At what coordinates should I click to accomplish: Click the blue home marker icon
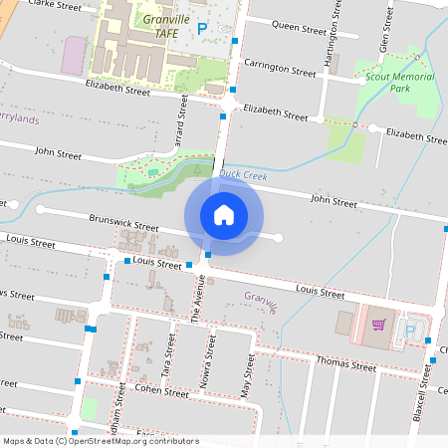(223, 214)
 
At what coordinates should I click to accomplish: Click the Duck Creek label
(243, 175)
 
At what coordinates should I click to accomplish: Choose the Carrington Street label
(285, 69)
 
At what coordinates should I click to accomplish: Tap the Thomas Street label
(345, 363)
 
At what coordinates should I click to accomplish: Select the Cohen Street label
(161, 392)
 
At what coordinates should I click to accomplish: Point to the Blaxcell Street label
(427, 382)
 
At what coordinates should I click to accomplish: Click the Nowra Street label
(210, 353)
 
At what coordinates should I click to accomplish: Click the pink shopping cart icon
(378, 325)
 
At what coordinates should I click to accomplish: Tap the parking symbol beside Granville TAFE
(201, 30)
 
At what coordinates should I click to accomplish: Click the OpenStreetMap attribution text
(101, 441)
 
